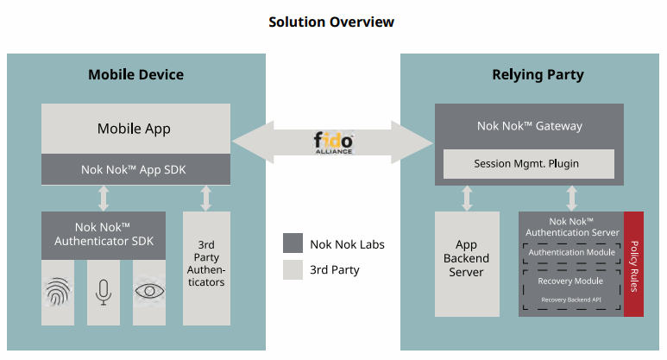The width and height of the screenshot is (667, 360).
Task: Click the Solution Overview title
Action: tap(331, 22)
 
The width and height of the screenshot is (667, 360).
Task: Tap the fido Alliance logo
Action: tap(333, 142)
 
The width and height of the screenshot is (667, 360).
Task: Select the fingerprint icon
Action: tap(58, 292)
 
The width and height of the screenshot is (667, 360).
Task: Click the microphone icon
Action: tap(104, 293)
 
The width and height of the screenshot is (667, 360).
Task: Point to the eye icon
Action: tap(149, 291)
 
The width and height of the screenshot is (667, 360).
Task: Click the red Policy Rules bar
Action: tap(633, 264)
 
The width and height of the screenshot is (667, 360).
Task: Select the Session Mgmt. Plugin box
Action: tap(529, 164)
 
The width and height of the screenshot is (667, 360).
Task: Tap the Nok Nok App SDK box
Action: tap(135, 169)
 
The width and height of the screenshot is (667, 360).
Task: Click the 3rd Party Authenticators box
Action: tap(206, 268)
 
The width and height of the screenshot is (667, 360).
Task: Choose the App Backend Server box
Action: tap(467, 264)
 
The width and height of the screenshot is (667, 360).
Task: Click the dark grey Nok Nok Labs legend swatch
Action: tap(293, 243)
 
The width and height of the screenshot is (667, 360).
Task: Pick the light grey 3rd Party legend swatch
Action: tap(293, 269)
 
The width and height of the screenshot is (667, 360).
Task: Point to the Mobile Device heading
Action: tap(136, 74)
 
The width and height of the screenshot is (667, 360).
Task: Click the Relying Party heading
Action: tap(538, 75)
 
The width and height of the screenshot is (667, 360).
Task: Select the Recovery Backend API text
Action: tap(571, 300)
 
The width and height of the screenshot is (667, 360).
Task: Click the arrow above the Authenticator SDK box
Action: tap(104, 198)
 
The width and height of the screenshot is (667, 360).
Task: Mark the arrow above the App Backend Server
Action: tap(467, 199)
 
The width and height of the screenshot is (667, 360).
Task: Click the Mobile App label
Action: tap(134, 129)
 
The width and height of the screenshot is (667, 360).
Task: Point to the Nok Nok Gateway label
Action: tap(530, 126)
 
